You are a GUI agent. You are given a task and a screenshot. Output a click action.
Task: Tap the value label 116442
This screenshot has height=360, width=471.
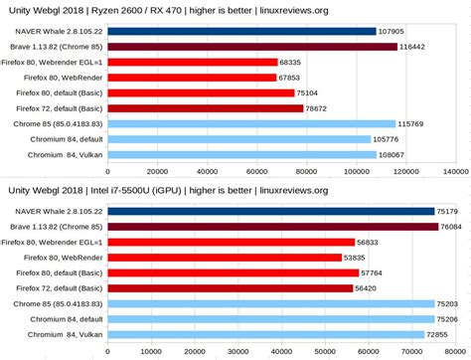[x=415, y=47]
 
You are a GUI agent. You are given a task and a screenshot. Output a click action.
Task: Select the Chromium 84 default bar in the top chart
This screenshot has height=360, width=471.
[x=242, y=139]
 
